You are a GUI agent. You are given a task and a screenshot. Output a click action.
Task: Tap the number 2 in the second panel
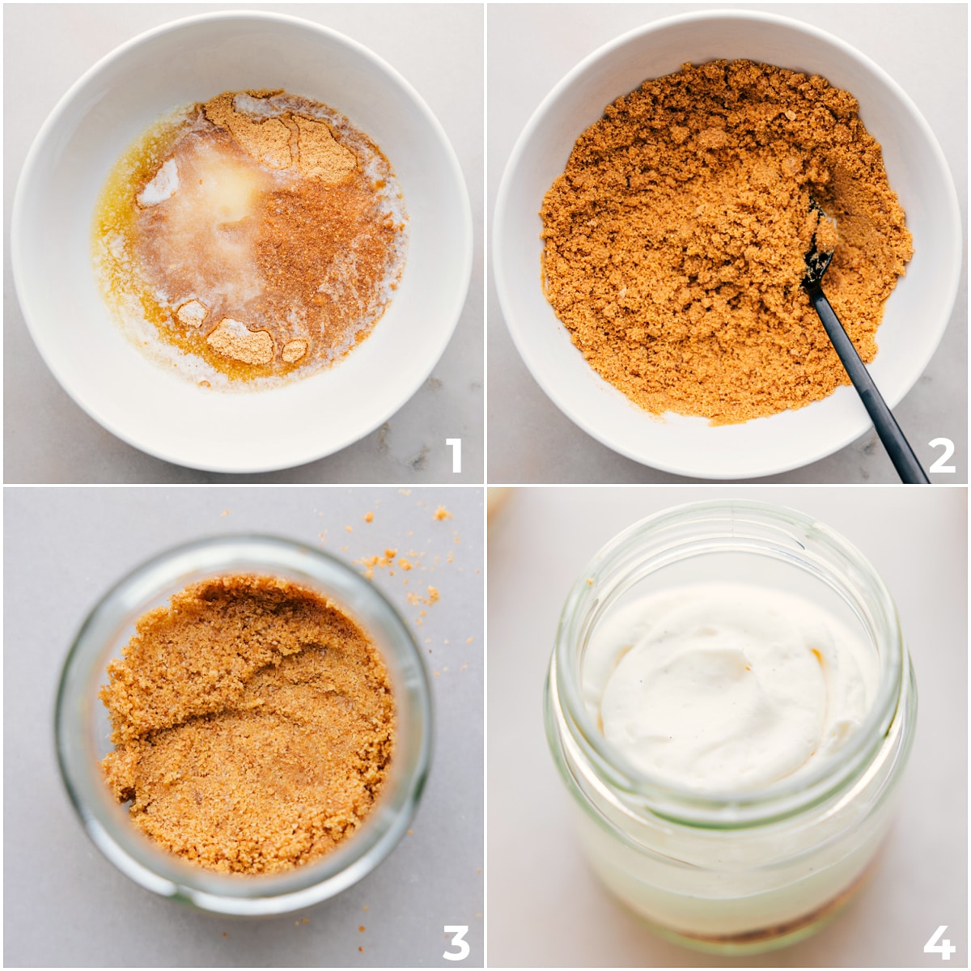[x=941, y=455]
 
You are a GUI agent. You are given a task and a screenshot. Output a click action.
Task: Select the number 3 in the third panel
[x=456, y=942]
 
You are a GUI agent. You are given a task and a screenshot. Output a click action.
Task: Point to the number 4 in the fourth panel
[x=939, y=942]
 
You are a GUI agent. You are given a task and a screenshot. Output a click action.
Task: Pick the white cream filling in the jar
[x=726, y=690]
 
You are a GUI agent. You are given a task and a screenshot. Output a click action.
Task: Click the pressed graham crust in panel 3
[x=247, y=726]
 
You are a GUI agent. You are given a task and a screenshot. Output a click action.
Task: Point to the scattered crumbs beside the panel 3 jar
[x=403, y=559]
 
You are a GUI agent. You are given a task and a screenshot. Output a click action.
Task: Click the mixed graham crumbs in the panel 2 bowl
[x=706, y=242]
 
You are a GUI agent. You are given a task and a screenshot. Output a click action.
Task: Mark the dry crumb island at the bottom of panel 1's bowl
[x=240, y=341]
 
